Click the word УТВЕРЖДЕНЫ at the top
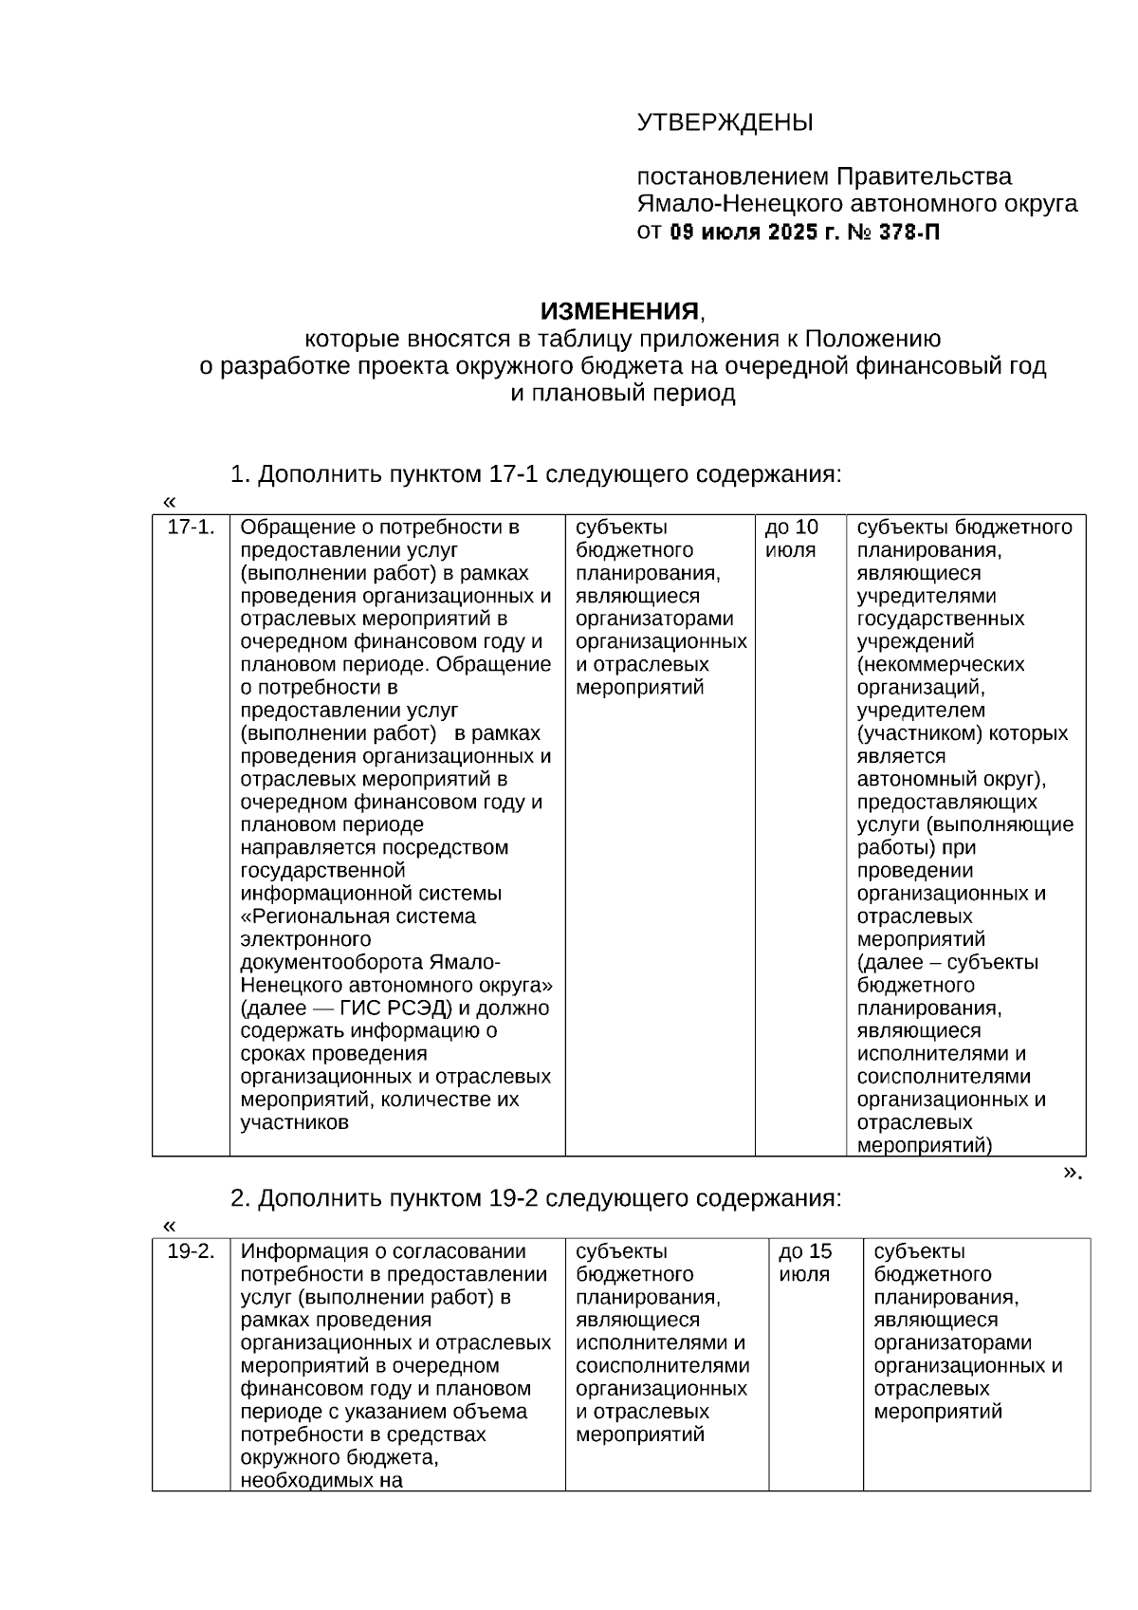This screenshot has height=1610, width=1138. tap(725, 122)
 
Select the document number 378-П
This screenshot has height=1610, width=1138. tap(909, 231)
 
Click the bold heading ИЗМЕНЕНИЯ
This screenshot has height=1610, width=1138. tap(619, 311)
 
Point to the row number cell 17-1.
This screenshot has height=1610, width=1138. tap(191, 527)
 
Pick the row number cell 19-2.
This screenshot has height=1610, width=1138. tap(191, 1251)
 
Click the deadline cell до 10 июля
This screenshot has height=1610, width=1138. tap(792, 539)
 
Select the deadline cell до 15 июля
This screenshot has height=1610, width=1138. tap(805, 1263)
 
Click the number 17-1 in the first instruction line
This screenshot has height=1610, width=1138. tap(513, 473)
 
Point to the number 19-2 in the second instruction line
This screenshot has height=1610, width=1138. tap(513, 1197)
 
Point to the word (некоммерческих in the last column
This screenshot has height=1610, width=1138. tap(941, 664)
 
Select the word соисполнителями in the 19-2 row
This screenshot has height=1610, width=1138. tap(662, 1365)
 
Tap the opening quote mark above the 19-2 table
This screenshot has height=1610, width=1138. tap(170, 1225)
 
